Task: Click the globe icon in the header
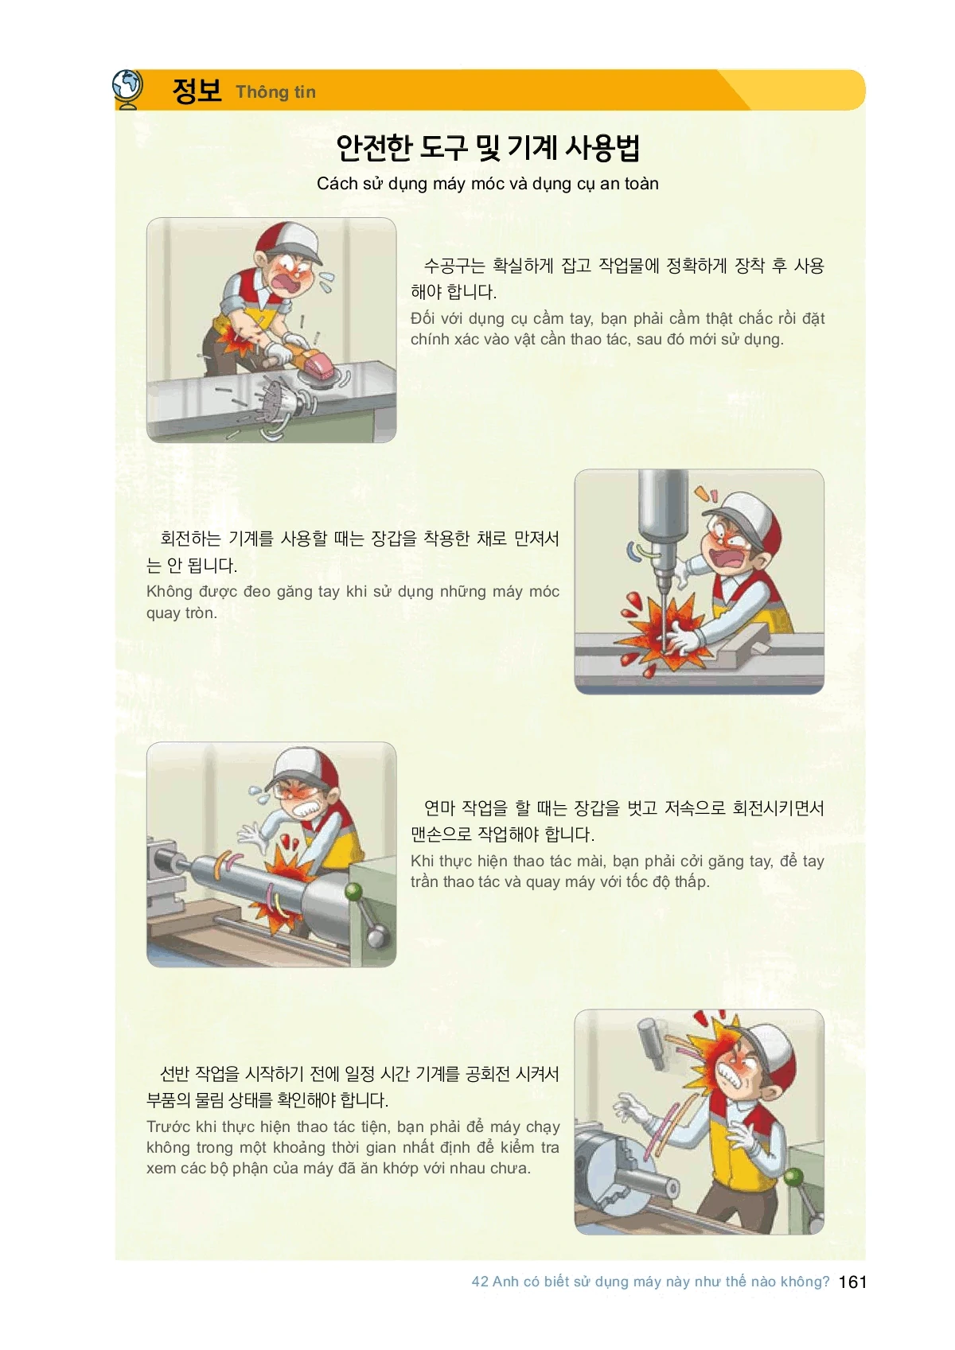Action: coord(128,88)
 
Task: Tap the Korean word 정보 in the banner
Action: coord(197,91)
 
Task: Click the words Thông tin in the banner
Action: coord(275,91)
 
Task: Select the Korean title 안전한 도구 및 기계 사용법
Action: coord(487,148)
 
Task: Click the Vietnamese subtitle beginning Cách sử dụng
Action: coord(487,183)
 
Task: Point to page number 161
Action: coord(852,1282)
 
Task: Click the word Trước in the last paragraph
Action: coord(168,1127)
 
